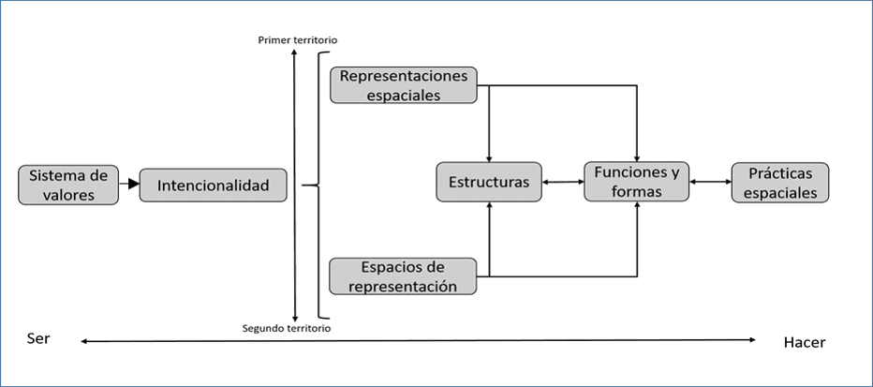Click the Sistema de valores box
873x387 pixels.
pyautogui.click(x=68, y=185)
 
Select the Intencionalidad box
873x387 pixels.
pyautogui.click(x=213, y=186)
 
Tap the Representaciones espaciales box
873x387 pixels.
pyautogui.click(x=404, y=84)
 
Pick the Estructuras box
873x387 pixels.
pyautogui.click(x=488, y=182)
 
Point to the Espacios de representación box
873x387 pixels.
pyautogui.click(x=404, y=276)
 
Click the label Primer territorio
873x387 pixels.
pyautogui.click(x=298, y=40)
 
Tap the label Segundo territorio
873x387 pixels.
pyautogui.click(x=286, y=328)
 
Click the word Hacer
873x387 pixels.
pyautogui.click(x=804, y=342)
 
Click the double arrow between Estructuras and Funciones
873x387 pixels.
pyautogui.click(x=562, y=183)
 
